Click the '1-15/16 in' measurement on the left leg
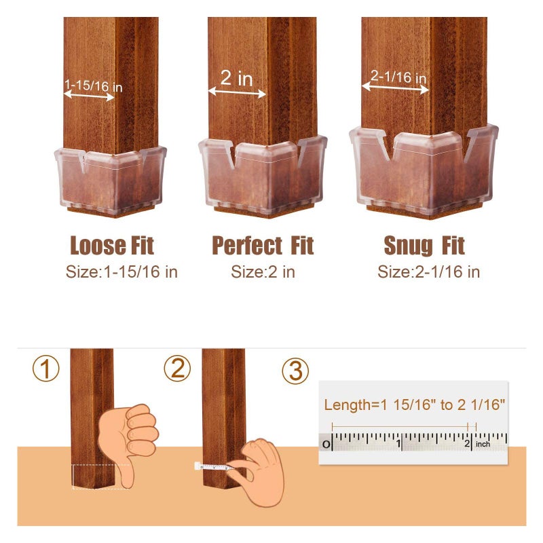94,86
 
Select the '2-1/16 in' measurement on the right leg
398,77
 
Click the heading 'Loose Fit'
112,245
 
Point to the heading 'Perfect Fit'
263,245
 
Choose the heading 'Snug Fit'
424,245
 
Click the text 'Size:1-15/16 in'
121,273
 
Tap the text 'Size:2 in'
263,273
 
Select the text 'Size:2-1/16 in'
428,273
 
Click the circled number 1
46,369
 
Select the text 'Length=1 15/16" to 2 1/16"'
415,405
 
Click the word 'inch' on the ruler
483,444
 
